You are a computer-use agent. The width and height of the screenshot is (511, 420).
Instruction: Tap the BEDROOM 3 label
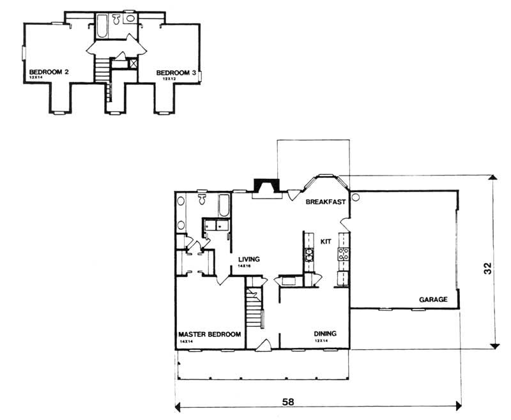click(x=176, y=73)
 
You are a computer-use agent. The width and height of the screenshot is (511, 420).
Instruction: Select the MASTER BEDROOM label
click(x=210, y=334)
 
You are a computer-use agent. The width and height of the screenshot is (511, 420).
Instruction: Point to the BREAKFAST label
click(x=326, y=202)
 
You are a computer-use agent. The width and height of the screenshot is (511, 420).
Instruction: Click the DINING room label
click(x=325, y=334)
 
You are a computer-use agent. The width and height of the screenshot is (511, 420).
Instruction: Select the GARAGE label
click(x=432, y=299)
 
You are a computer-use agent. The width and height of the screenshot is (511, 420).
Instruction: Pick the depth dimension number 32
click(x=487, y=270)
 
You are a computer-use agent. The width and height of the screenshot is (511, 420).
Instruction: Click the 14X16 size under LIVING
click(x=243, y=266)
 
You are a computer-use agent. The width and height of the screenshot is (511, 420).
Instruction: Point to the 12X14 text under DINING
click(x=321, y=341)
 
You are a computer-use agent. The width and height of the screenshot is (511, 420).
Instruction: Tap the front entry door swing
click(x=262, y=345)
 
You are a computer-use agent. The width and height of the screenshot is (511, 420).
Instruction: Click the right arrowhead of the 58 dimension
click(x=457, y=405)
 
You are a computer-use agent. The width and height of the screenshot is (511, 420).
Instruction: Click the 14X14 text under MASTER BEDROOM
click(x=186, y=341)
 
